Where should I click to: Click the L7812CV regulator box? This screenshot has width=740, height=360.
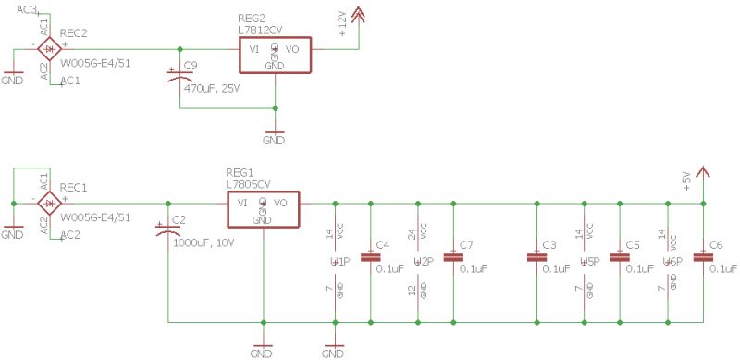pyautogui.click(x=275, y=56)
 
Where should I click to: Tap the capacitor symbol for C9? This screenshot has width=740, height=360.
pyautogui.click(x=179, y=77)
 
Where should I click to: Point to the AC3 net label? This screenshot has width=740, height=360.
pyautogui.click(x=27, y=8)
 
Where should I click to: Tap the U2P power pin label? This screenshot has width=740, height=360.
pyautogui.click(x=423, y=262)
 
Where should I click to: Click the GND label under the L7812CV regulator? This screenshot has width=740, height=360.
pyautogui.click(x=274, y=141)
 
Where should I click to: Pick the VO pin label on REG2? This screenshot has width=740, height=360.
pyautogui.click(x=292, y=48)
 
